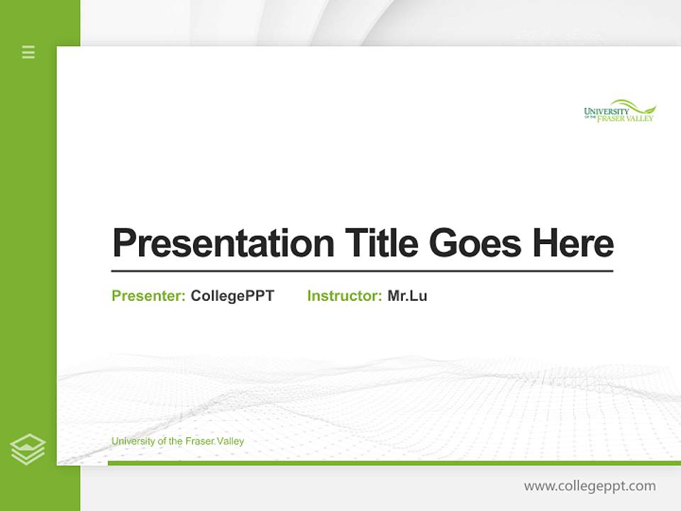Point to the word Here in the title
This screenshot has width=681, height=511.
click(x=572, y=243)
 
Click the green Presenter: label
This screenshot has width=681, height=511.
click(x=148, y=296)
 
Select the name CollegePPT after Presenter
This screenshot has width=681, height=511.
click(x=232, y=296)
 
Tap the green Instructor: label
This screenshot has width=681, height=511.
click(x=344, y=296)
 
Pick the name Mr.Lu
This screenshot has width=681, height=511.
click(x=407, y=296)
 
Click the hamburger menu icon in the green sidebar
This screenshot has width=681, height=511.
click(x=28, y=52)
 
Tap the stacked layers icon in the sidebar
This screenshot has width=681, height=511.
click(x=28, y=449)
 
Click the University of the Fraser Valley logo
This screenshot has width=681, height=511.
click(x=619, y=111)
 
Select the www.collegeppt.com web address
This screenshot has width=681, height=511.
click(x=589, y=486)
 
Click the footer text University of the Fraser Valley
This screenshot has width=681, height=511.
click(x=177, y=441)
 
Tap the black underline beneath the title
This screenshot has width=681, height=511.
click(x=362, y=271)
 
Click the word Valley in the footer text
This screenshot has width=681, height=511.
click(x=231, y=441)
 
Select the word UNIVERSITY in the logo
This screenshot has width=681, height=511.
click(x=607, y=111)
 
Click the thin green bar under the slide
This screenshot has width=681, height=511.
click(x=394, y=463)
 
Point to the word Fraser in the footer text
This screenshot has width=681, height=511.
click(x=200, y=441)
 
